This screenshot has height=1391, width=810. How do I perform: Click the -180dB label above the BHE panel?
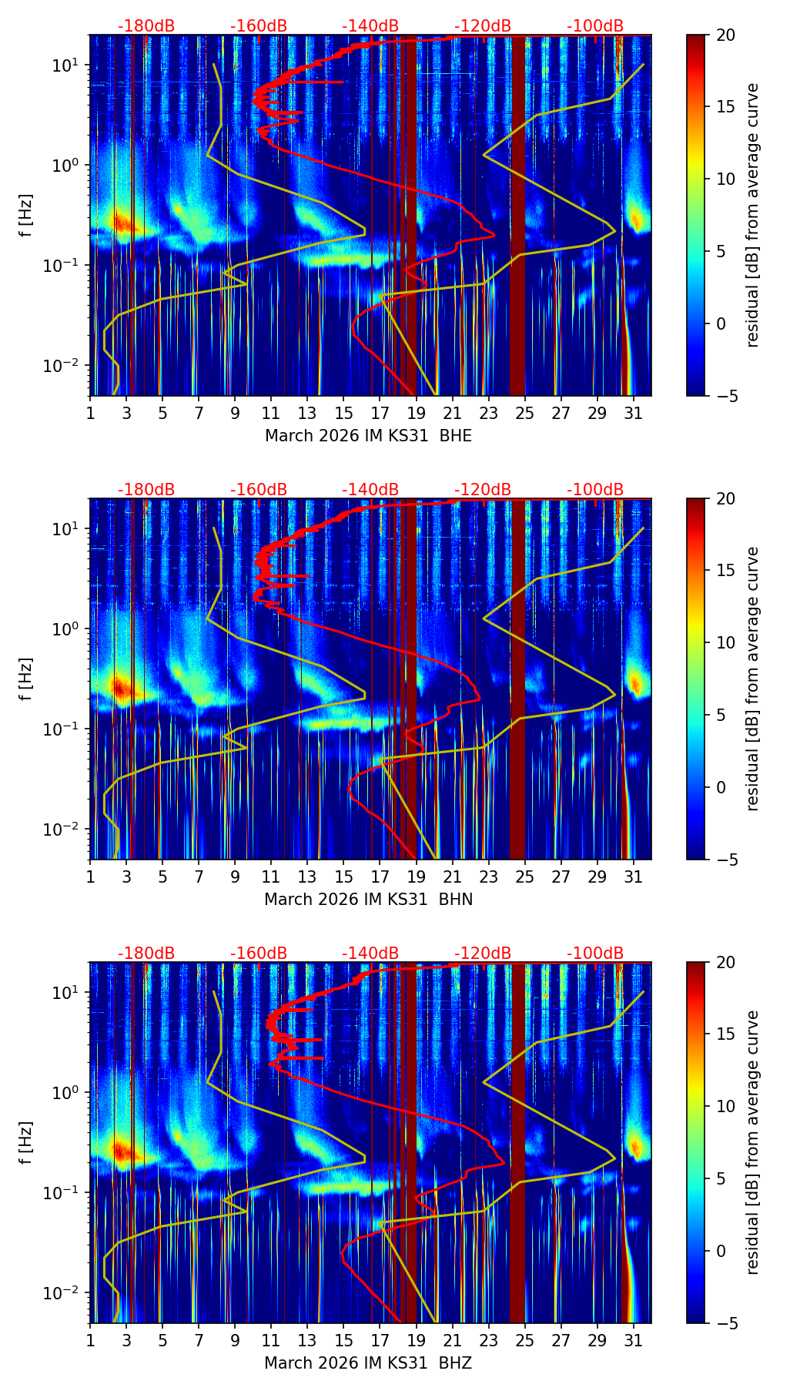146,26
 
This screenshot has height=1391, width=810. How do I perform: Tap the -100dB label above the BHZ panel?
595,954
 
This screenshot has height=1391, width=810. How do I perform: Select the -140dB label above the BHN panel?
370,490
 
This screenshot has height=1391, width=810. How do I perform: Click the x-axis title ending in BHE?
368,436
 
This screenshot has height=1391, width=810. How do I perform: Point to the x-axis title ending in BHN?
368,900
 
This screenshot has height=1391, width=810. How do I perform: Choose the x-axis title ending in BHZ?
368,1363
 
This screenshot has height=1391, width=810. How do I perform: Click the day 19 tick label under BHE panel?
417,413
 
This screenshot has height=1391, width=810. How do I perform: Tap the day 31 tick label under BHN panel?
633,876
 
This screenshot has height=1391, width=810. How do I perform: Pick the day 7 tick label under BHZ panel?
199,1340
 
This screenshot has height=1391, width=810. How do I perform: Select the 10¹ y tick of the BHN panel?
66,529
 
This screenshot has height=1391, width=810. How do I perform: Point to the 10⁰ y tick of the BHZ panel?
66,1092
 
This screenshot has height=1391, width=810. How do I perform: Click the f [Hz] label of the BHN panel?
26,679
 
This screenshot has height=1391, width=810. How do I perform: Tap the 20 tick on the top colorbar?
725,35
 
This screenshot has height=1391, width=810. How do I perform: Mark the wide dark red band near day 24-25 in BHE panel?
517,216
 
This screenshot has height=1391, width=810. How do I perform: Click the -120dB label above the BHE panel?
483,26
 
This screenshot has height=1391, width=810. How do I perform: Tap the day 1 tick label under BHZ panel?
90,1340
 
